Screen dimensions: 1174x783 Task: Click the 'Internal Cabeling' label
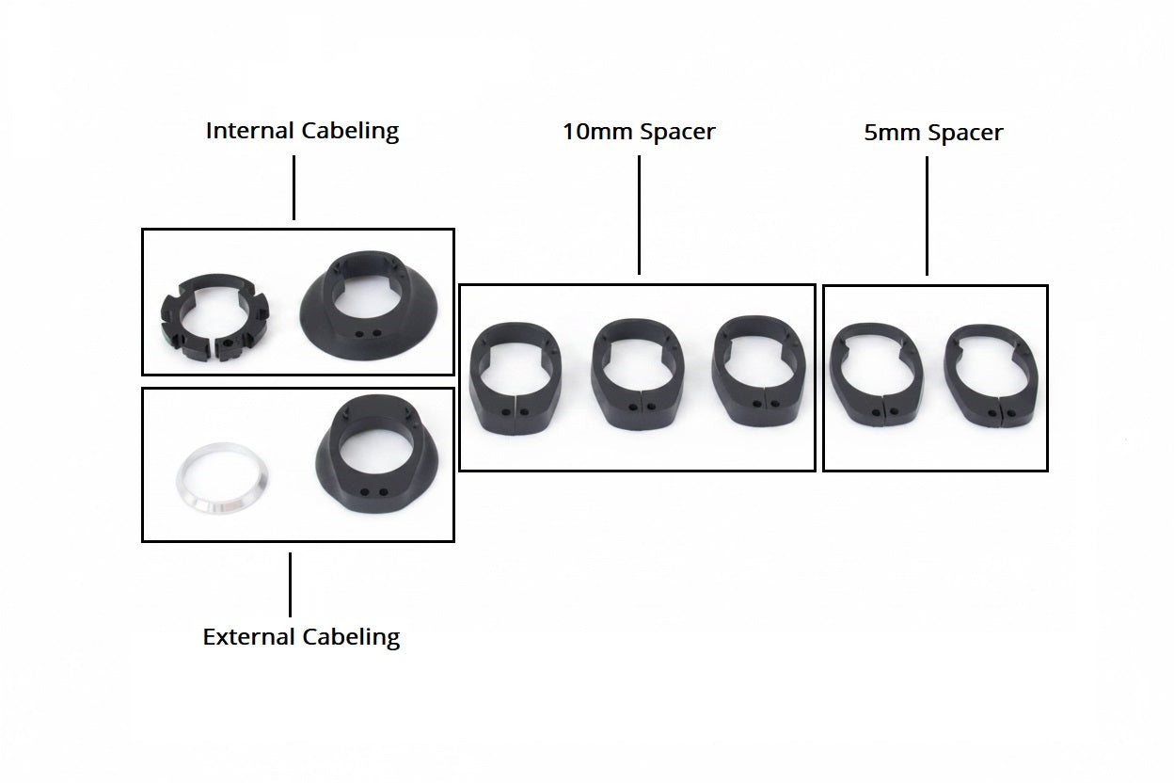[x=302, y=131]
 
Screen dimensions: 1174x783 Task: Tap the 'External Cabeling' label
[x=301, y=637]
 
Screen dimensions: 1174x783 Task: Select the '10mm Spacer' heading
[x=639, y=132]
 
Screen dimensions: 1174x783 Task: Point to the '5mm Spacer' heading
[x=933, y=133]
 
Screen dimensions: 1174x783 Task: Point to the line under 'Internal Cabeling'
[x=293, y=187]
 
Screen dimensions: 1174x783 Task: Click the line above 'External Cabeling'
[x=290, y=584]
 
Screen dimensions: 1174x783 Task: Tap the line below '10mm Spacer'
[x=639, y=215]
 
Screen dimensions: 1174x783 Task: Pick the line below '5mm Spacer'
[x=927, y=216]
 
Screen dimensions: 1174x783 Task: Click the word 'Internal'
[x=249, y=131]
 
